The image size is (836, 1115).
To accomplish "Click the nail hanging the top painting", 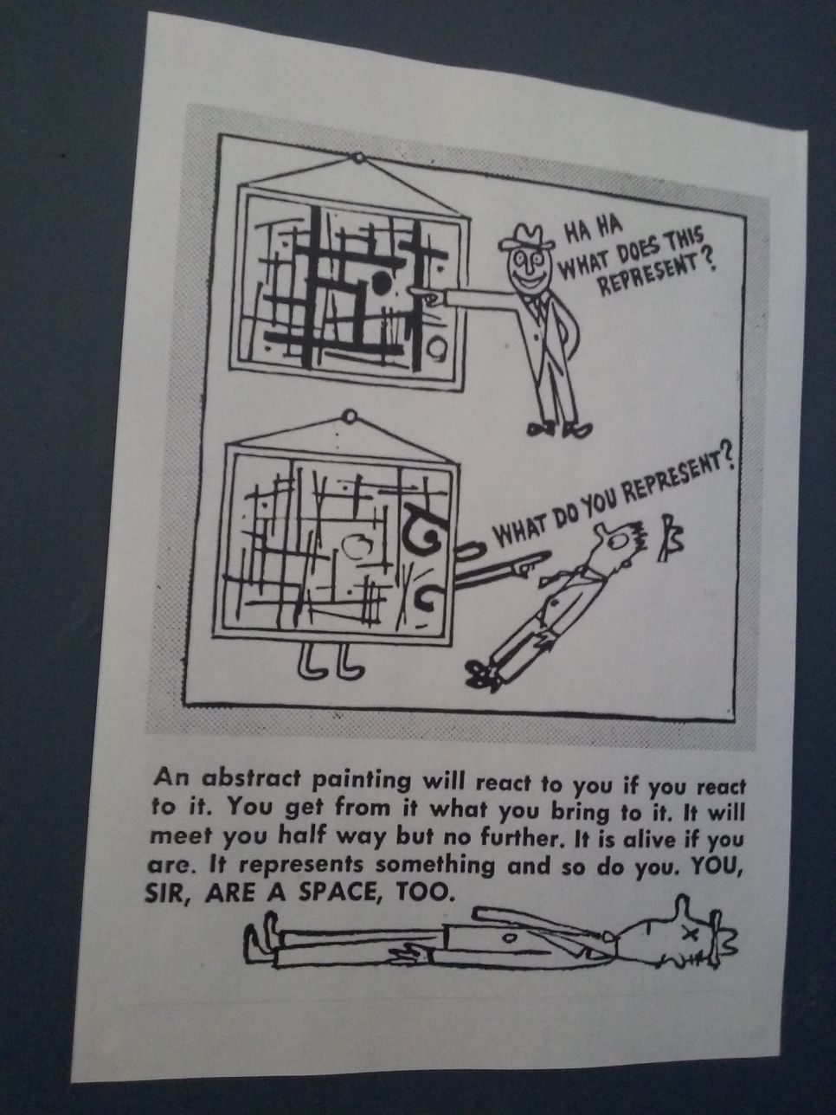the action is [359, 158].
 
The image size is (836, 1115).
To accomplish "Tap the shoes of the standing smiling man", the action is [559, 429].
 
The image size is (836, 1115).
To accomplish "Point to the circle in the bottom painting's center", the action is [357, 546].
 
